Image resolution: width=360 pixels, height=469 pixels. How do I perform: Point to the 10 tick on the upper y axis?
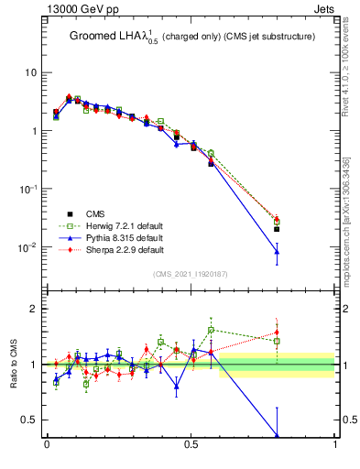pos(31,72)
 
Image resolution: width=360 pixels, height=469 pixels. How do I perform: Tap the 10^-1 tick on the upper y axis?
pos(28,189)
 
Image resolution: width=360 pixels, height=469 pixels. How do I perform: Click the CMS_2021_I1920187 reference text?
pos(191,274)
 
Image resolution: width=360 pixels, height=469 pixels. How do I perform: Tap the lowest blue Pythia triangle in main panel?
pos(277,251)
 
